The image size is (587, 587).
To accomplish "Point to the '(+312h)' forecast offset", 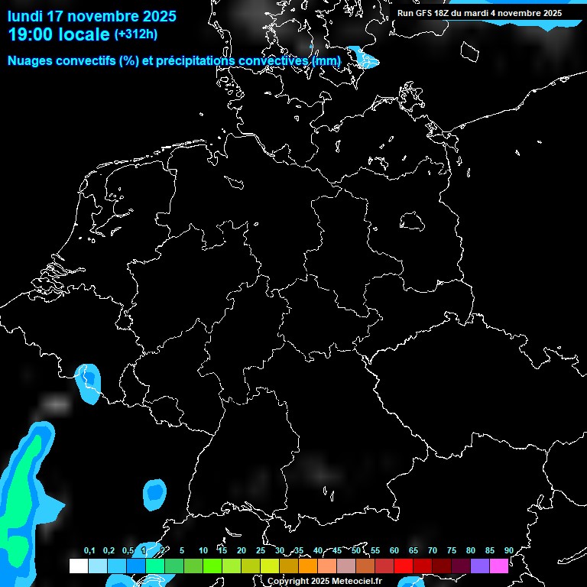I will (135, 34).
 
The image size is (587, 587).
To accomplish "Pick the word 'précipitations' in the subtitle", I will (193, 60).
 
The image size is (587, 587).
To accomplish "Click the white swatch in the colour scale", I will (78, 566).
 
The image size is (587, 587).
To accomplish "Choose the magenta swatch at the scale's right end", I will (498, 566).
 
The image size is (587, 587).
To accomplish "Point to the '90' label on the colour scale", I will (508, 550).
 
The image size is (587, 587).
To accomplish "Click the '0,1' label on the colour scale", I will (89, 550).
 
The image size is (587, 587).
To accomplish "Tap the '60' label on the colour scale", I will (394, 550).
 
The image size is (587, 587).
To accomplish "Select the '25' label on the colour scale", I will (260, 550).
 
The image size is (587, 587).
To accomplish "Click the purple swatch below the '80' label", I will (479, 566).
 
